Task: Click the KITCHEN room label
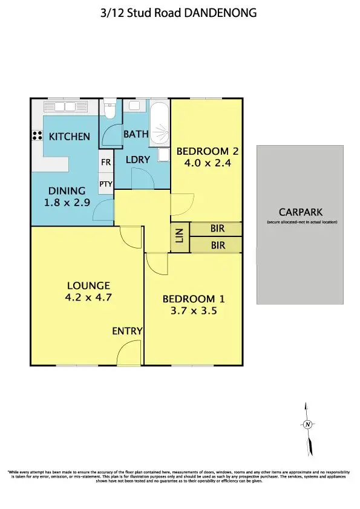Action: click(x=70, y=137)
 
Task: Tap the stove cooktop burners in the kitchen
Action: click(x=36, y=137)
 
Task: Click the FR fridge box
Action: click(x=106, y=162)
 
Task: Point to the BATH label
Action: click(x=136, y=134)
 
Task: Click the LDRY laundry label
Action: click(x=139, y=159)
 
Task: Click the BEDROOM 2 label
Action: click(x=203, y=151)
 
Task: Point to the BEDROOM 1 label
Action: click(x=189, y=299)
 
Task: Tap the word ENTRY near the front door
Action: click(x=127, y=331)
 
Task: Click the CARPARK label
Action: click(x=301, y=212)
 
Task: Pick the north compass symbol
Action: click(x=308, y=424)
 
